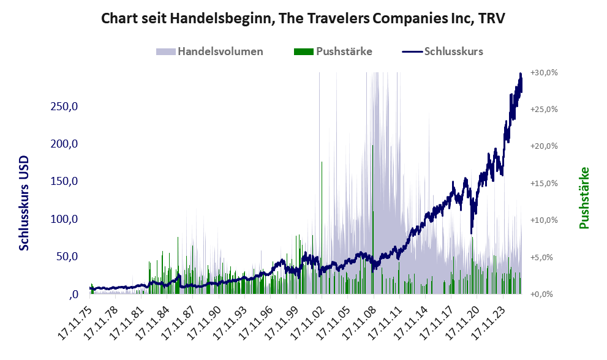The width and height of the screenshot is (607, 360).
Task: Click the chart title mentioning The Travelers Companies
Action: [x=303, y=18]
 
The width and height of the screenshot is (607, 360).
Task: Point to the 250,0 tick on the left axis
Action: [x=67, y=107]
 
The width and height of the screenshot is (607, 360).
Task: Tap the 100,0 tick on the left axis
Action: [x=67, y=219]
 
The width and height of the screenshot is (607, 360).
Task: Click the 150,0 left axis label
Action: [x=67, y=182]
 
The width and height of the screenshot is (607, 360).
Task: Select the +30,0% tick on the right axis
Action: [x=544, y=72]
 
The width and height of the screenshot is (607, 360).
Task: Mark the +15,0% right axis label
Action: [x=544, y=183]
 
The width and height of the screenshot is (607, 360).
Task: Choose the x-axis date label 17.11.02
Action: [x=311, y=320]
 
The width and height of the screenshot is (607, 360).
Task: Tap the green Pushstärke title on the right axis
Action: [x=584, y=198]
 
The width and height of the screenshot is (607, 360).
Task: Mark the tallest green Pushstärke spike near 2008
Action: [x=372, y=147]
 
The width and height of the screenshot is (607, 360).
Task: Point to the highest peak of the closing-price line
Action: [x=521, y=75]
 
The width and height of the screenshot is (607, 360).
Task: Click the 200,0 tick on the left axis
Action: [x=67, y=144]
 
